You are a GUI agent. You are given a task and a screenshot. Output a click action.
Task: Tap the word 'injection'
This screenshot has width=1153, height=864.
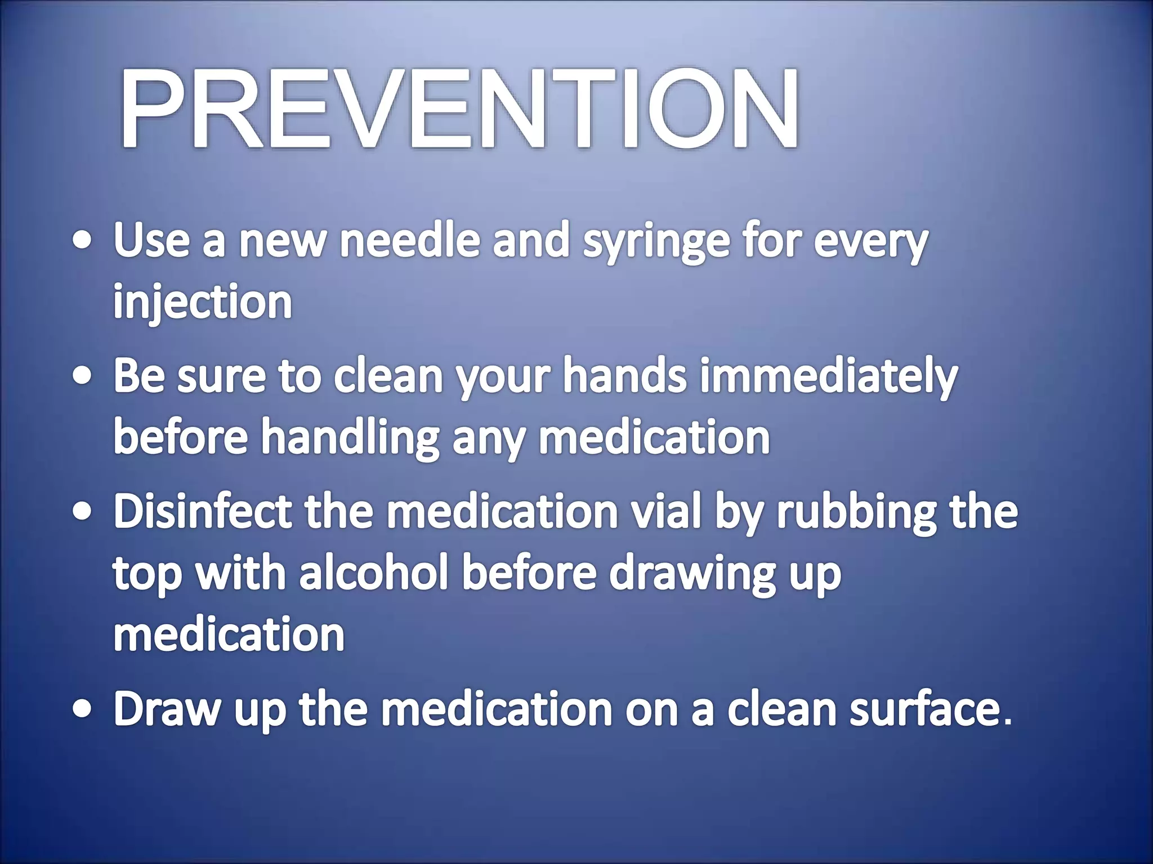pyautogui.click(x=203, y=303)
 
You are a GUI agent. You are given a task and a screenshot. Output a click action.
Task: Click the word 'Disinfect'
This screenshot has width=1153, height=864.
pyautogui.click(x=203, y=511)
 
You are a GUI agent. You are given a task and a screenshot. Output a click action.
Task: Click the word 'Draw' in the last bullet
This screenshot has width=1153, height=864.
pyautogui.click(x=167, y=709)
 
